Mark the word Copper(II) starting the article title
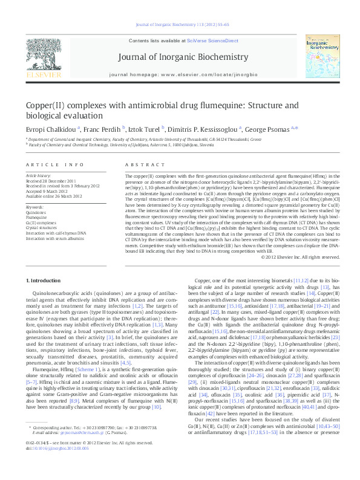[48, 105]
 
